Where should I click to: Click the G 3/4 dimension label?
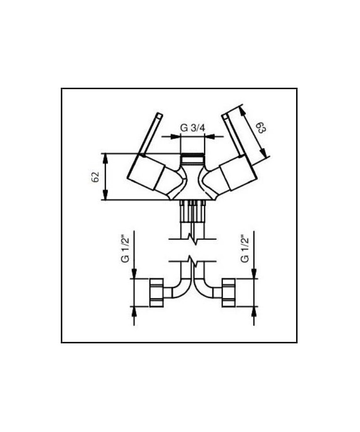(193, 128)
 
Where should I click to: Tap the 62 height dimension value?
(95, 177)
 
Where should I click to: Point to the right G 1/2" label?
(245, 248)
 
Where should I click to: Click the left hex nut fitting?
(157, 292)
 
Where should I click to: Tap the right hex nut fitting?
(228, 292)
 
